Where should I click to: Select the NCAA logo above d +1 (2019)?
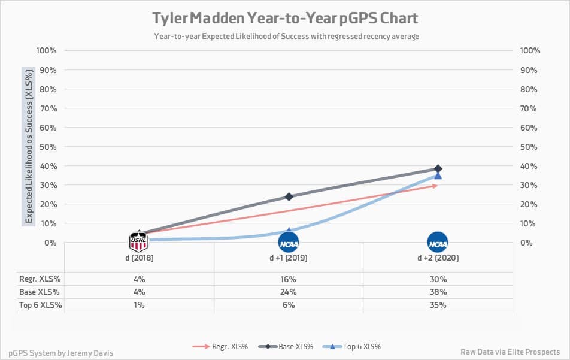coord(289,243)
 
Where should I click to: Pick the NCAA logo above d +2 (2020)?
coord(438,243)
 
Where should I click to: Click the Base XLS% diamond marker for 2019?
coord(289,196)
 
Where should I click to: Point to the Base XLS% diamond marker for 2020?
coord(438,169)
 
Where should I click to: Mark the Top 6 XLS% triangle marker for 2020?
coord(438,175)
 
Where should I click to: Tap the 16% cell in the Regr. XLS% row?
coord(289,279)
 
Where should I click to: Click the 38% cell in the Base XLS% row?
coord(438,292)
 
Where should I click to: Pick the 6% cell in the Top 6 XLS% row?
coord(289,305)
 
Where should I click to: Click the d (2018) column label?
coord(139,258)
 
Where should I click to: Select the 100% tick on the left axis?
coord(47,50)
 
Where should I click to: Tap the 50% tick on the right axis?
coord(530,147)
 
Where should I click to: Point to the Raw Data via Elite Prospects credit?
coord(510,352)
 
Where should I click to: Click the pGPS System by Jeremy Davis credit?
coord(61,353)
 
